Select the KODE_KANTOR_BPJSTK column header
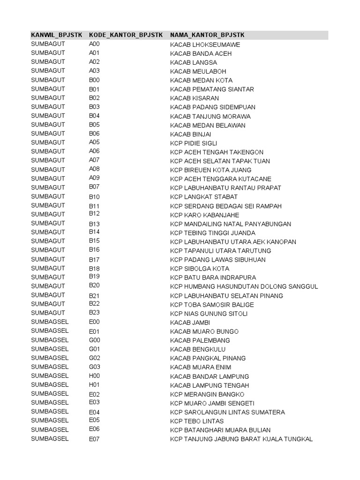point(126,35)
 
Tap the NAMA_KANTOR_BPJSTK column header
point(207,35)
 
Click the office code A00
point(94,44)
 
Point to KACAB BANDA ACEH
point(201,53)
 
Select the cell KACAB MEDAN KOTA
point(201,81)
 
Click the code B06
point(94,134)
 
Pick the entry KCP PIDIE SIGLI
point(194,143)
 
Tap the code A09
point(94,178)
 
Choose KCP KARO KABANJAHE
point(204,215)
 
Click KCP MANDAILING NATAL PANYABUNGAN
point(231,224)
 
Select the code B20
point(94,285)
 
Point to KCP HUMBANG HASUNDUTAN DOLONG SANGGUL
point(244,287)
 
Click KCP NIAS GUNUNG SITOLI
point(209,314)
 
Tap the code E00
point(94,322)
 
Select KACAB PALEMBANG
point(200,340)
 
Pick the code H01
point(94,385)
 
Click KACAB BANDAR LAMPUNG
point(210,376)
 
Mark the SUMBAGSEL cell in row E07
point(50,439)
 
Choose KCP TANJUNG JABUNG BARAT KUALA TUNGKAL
point(241,439)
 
